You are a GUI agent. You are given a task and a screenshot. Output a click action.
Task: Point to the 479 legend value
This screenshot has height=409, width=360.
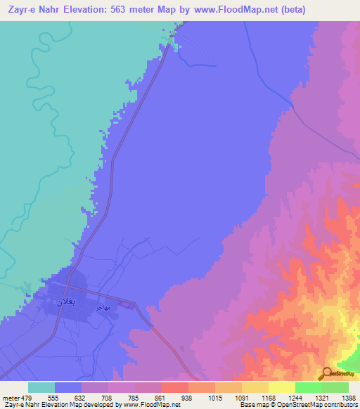(x=27, y=397)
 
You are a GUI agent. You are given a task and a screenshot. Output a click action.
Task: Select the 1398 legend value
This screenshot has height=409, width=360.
(x=349, y=397)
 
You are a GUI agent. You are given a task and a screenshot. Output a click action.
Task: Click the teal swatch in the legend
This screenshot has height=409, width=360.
(x=41, y=387)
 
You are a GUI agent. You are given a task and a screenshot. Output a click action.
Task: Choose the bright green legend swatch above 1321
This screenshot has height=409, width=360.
(x=309, y=387)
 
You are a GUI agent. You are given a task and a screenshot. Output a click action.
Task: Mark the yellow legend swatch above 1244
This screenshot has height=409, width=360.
(x=282, y=387)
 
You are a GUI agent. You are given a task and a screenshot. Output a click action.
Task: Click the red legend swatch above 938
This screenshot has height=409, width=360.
(x=175, y=387)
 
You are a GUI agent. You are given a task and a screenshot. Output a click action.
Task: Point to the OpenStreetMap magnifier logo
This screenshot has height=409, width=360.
(x=327, y=373)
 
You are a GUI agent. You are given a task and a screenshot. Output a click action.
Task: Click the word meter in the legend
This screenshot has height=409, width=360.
(x=10, y=397)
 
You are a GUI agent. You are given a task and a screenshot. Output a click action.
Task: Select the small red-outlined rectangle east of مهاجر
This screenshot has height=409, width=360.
(x=127, y=305)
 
